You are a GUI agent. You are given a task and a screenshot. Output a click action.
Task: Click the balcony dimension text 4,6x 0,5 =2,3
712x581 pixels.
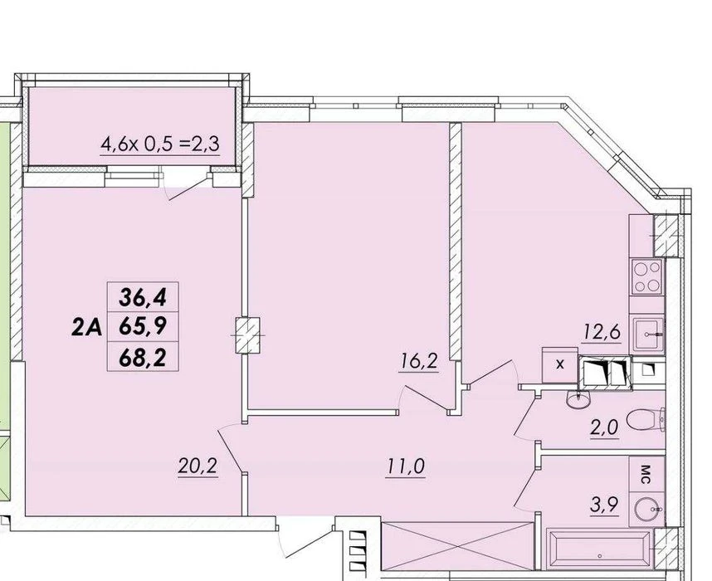160,144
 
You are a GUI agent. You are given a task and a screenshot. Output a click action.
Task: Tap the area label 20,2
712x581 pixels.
198,466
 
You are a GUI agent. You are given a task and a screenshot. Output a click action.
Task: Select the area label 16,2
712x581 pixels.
419,362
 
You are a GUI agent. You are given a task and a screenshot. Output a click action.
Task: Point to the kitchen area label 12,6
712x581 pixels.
602,333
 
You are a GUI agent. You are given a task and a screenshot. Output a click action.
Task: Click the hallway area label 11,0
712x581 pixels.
406,466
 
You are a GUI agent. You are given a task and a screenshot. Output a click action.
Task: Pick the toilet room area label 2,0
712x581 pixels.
604,428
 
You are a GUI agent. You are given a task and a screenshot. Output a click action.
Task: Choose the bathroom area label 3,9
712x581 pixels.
604,505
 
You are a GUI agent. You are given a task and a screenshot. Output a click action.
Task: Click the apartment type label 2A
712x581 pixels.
86,327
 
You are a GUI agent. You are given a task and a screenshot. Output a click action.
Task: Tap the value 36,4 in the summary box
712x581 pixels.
143,297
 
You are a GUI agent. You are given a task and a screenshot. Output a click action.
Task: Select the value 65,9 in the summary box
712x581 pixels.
143,325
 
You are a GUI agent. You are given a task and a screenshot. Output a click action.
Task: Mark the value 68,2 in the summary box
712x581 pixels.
143,359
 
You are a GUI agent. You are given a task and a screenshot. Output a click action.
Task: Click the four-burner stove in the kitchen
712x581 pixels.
647,276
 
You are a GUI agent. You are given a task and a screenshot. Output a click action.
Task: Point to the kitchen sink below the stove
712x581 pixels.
647,334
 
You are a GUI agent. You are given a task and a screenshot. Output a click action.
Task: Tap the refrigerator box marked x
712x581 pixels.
560,364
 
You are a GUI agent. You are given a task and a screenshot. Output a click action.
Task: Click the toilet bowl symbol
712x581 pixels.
646,420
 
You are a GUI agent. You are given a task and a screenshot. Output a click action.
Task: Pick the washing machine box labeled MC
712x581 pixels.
646,474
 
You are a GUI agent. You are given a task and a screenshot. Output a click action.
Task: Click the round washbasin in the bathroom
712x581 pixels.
646,510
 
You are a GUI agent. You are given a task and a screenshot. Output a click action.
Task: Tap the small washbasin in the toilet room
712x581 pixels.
578,399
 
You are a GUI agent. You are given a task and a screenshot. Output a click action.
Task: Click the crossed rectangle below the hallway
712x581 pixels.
457,545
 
